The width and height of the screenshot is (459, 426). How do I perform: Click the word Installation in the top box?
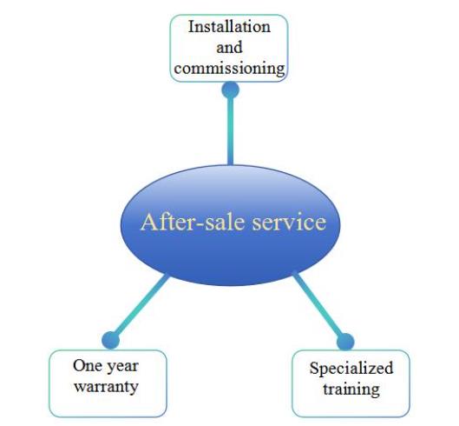(229, 27)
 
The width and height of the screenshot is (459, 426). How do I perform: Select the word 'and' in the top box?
(229, 47)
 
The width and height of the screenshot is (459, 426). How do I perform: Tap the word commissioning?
(229, 69)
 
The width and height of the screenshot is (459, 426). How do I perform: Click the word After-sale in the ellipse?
(192, 222)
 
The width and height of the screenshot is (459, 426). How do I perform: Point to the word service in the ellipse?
(289, 222)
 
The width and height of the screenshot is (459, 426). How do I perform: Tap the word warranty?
(106, 386)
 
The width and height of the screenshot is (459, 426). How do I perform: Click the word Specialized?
(351, 369)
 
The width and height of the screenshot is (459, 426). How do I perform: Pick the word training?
(351, 389)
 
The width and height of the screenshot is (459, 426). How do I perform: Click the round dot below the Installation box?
(231, 90)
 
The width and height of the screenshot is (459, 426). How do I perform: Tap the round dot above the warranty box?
(111, 341)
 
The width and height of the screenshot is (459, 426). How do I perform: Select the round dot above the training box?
(345, 342)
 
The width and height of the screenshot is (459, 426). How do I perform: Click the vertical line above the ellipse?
(231, 132)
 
